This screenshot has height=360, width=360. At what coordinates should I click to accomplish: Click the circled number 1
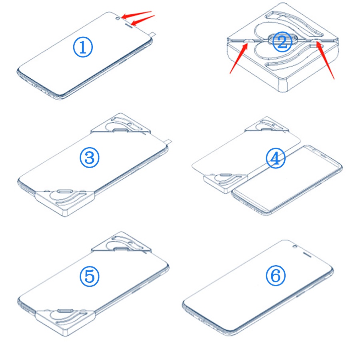pyautogui.click(x=83, y=47)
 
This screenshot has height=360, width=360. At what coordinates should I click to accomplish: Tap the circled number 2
pyautogui.click(x=282, y=42)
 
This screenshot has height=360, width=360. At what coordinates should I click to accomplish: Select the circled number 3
pyautogui.click(x=90, y=158)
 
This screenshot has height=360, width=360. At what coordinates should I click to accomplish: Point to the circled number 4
pyautogui.click(x=276, y=158)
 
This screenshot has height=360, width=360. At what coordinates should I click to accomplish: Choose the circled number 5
pyautogui.click(x=90, y=276)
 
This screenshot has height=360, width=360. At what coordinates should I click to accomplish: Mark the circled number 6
pyautogui.click(x=276, y=276)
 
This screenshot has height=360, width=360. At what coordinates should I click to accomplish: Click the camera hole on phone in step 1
pyautogui.click(x=118, y=18)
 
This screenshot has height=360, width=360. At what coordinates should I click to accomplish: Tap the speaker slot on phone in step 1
pyautogui.click(x=128, y=25)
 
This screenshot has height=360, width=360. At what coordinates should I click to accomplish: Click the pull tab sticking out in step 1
pyautogui.click(x=152, y=34)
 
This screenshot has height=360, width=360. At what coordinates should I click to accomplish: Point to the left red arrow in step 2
pyautogui.click(x=239, y=58)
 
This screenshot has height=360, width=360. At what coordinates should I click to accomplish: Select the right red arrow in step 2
pyautogui.click(x=325, y=60)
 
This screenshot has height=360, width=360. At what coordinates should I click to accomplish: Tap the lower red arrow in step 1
pyautogui.click(x=143, y=20)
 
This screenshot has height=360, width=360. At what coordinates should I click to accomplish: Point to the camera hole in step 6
pyautogui.click(x=295, y=247)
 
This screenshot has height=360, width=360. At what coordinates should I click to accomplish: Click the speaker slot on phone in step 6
pyautogui.click(x=307, y=254)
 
